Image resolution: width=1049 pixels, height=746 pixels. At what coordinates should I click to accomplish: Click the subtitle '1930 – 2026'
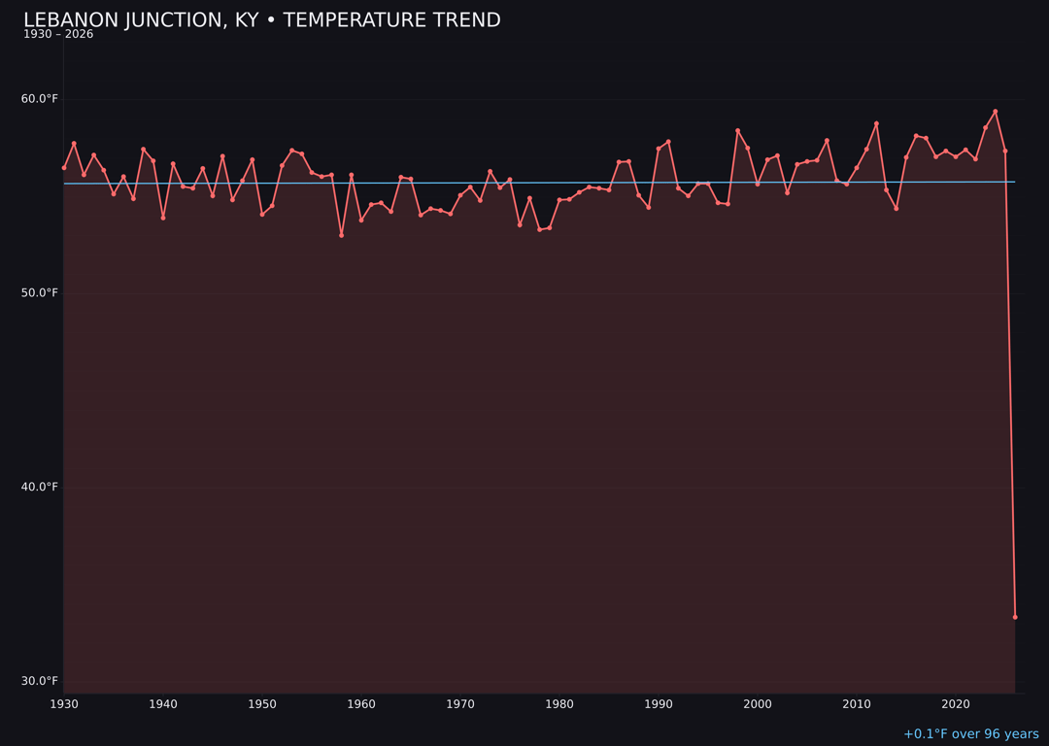[x=58, y=35]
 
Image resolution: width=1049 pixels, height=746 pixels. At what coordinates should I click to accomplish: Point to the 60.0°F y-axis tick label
[x=40, y=99]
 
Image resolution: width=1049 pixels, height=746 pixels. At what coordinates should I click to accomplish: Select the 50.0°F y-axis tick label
[x=40, y=293]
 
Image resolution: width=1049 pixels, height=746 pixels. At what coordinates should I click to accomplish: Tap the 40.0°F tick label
[x=40, y=488]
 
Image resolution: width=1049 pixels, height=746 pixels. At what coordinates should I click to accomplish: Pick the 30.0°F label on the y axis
[x=40, y=681]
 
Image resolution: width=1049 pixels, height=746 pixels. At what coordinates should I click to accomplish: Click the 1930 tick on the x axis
[x=64, y=704]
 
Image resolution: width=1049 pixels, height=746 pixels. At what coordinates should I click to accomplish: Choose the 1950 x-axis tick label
[x=262, y=704]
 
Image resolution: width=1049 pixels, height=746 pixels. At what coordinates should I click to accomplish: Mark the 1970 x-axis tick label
[x=460, y=704]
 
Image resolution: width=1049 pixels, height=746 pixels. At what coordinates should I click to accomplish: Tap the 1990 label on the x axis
[x=659, y=704]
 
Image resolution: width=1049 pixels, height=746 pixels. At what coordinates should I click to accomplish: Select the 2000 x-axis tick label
[x=758, y=704]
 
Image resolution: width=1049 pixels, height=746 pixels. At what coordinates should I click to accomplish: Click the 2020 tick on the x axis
[x=956, y=704]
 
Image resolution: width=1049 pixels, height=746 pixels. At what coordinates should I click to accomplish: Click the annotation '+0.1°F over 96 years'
[x=970, y=734]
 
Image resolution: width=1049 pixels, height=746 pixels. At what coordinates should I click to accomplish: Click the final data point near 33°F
[x=1015, y=617]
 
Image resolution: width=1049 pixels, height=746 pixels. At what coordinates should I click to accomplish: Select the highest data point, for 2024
[x=996, y=112]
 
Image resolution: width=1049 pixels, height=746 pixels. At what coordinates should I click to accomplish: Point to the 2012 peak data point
[x=876, y=123]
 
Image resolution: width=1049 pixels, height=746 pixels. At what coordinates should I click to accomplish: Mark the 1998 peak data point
[x=737, y=130]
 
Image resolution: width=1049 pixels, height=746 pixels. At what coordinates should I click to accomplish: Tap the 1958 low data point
[x=341, y=235]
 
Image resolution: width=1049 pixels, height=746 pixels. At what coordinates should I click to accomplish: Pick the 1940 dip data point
[x=163, y=218]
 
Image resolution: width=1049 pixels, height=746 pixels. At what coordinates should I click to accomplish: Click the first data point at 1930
[x=64, y=168]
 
